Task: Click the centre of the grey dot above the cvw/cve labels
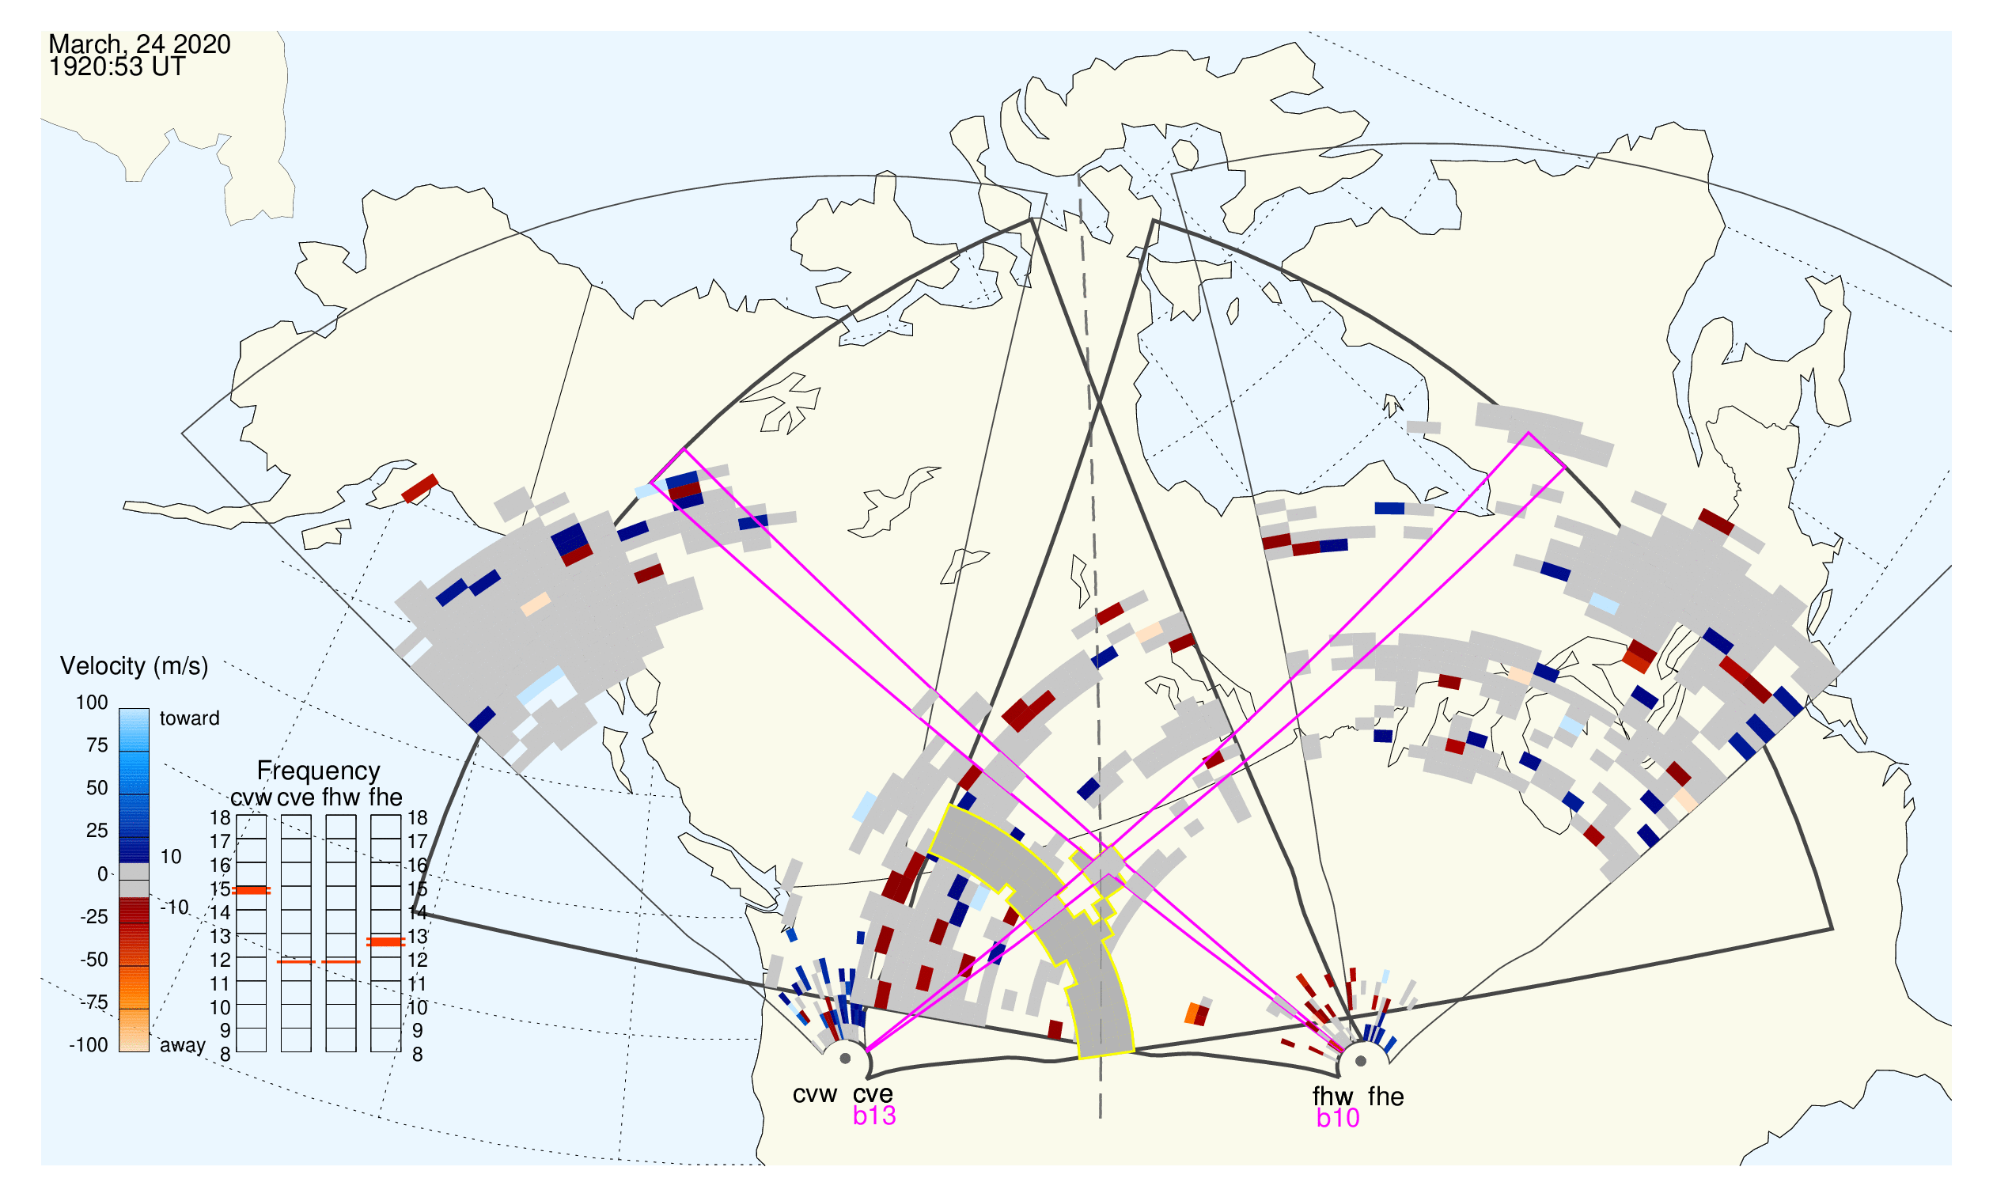coord(845,1059)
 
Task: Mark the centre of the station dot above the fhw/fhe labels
coord(1362,1061)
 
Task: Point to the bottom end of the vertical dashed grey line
coord(1101,1117)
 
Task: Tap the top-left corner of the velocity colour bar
coord(119,709)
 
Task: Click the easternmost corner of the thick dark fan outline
coord(1833,929)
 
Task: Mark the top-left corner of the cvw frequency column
coord(237,815)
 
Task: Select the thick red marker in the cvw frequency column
coord(251,891)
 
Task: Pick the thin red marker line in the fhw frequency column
coord(341,961)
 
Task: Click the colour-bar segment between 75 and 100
coord(134,730)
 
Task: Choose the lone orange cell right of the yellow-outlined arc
coord(1192,1013)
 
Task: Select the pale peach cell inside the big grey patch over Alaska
coord(536,603)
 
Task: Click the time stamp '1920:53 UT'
coord(117,67)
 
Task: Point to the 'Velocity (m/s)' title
coord(134,666)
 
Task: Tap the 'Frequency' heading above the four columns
coord(319,771)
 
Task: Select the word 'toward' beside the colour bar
coord(190,718)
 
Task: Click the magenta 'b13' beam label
coord(874,1116)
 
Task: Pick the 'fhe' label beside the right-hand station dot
coord(1386,1097)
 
